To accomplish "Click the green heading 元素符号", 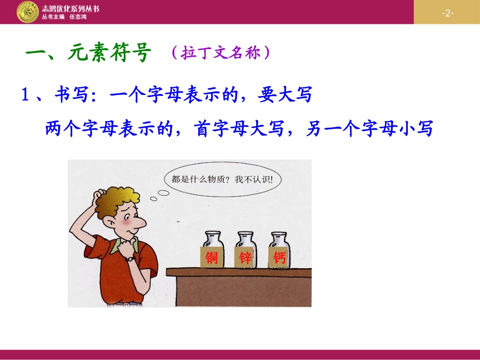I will click(109, 54).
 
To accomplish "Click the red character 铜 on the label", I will click(212, 259).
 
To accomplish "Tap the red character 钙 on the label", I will click(279, 259).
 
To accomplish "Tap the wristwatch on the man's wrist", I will click(130, 258).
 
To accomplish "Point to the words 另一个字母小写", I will click(369, 129).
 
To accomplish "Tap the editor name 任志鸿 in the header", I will click(77, 17).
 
